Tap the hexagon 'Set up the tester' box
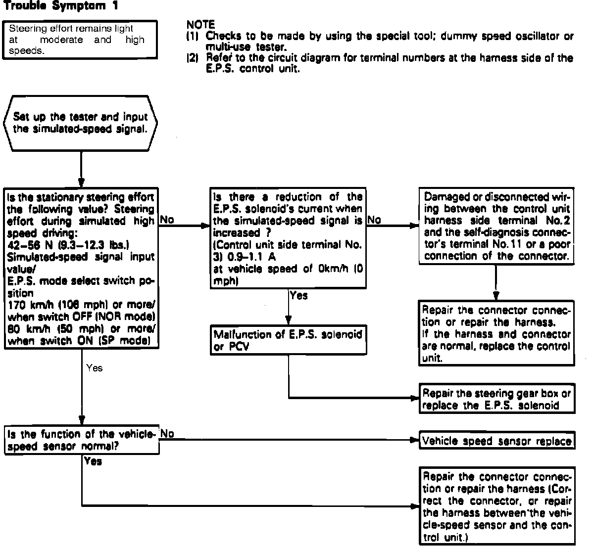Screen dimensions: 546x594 tap(80, 123)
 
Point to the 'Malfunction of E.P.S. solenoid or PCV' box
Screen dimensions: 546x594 tap(288, 340)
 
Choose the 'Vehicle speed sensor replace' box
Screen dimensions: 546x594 tap(496, 441)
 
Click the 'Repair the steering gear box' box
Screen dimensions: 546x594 tap(496, 400)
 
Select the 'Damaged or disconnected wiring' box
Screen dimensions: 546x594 tap(496, 227)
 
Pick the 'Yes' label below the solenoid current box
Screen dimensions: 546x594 tap(298, 296)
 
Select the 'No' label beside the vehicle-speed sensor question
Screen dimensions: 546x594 tap(167, 434)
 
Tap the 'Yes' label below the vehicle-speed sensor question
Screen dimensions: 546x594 tap(93, 461)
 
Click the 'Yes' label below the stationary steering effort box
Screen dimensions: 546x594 tap(94, 368)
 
